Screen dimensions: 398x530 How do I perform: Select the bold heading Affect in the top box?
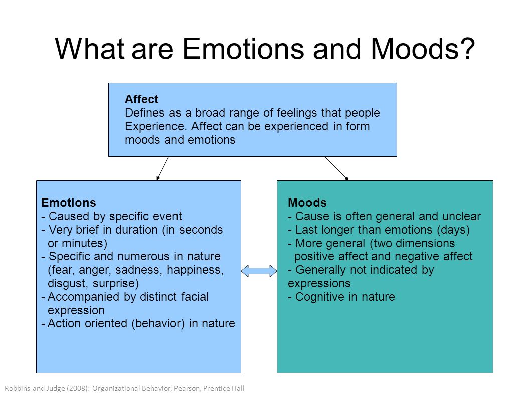coord(141,100)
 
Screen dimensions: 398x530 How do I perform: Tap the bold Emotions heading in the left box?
coord(69,203)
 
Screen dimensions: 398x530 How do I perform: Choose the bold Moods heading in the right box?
coord(307,203)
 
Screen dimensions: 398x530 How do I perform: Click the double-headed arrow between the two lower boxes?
coord(259,271)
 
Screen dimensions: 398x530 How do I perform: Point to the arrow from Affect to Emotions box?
coord(162,168)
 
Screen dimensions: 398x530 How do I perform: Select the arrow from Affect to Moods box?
coord(336,168)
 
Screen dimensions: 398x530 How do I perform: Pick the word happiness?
coord(197,270)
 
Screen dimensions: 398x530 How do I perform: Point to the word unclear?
coord(461,216)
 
